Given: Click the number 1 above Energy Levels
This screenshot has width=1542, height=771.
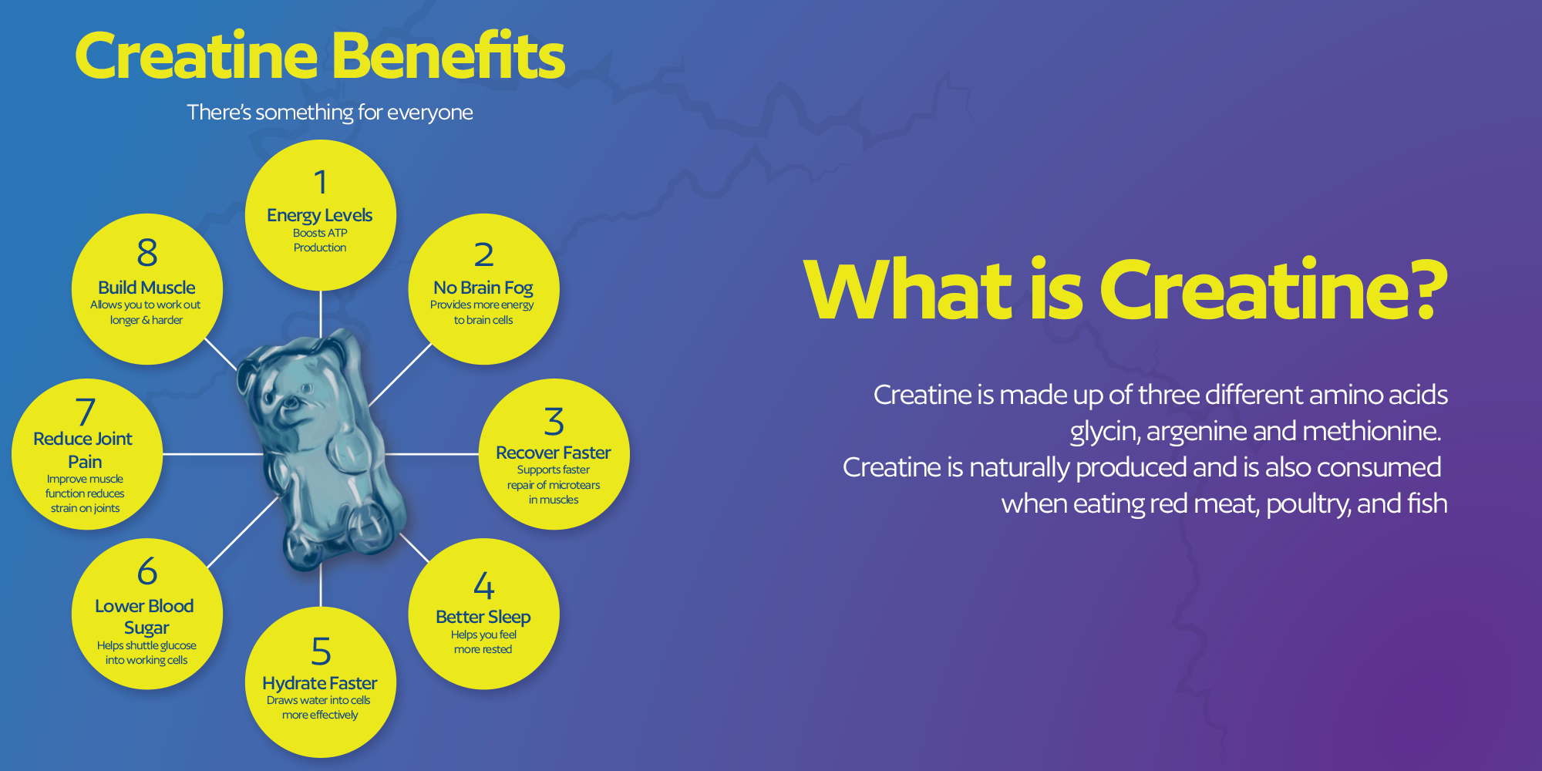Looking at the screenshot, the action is click(x=321, y=183).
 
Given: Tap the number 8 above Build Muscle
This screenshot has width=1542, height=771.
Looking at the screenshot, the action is click(x=147, y=253).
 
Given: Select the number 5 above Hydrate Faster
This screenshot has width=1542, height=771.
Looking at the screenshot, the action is click(x=321, y=651).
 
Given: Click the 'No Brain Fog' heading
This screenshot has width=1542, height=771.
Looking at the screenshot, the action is click(x=483, y=288).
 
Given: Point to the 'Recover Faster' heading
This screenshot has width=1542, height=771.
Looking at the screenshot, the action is click(x=554, y=453).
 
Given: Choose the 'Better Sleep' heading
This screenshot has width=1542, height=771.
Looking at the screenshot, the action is click(x=483, y=617).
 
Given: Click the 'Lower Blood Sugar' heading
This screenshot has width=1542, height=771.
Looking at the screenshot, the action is click(x=145, y=617).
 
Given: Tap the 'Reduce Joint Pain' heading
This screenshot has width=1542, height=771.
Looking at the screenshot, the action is click(x=83, y=450).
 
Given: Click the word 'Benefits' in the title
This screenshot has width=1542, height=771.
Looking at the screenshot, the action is click(x=449, y=56).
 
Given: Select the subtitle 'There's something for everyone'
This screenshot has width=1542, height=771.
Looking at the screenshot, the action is click(x=330, y=113).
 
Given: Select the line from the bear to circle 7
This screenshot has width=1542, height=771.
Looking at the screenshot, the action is click(x=213, y=454).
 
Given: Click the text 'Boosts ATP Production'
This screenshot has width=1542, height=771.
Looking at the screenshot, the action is click(x=320, y=241).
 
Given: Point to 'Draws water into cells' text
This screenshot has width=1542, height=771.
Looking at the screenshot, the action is click(x=318, y=700).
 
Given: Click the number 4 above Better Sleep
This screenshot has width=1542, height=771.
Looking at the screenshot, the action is click(x=484, y=585).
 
